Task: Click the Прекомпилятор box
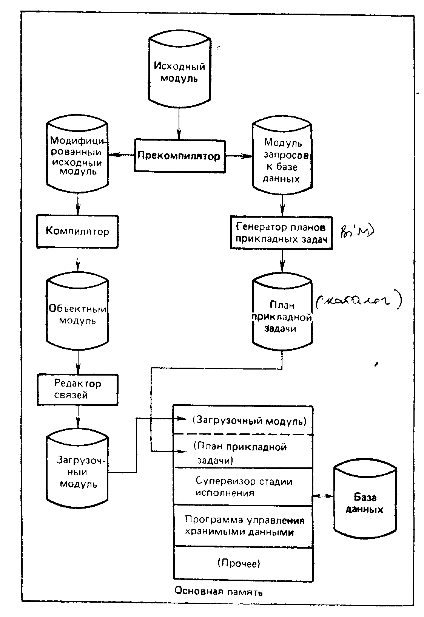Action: tap(179, 156)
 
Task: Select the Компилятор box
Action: tap(77, 231)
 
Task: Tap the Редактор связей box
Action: tap(77, 389)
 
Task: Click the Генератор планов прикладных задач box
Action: tap(281, 233)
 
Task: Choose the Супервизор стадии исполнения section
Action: tap(243, 487)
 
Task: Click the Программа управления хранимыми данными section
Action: tap(243, 526)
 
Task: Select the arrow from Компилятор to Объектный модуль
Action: tap(78, 261)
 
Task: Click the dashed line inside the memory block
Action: tap(243, 435)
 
